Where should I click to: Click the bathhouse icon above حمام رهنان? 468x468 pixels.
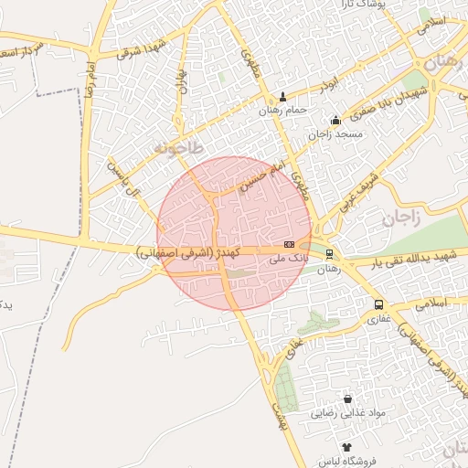pos(282,98)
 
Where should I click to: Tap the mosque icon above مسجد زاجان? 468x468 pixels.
pos(336,120)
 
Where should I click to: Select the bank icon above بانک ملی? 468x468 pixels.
pos(289,244)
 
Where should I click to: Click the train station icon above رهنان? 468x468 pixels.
pos(329,255)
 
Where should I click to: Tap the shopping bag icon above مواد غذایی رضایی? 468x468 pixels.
pos(347,399)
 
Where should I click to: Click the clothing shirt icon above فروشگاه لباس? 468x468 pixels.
pos(346,446)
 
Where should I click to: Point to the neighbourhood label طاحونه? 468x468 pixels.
pos(177,146)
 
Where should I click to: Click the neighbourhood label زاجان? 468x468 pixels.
pos(399,218)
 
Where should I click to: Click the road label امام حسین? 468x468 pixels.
pos(257,177)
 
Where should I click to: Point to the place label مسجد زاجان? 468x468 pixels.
pos(336,134)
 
